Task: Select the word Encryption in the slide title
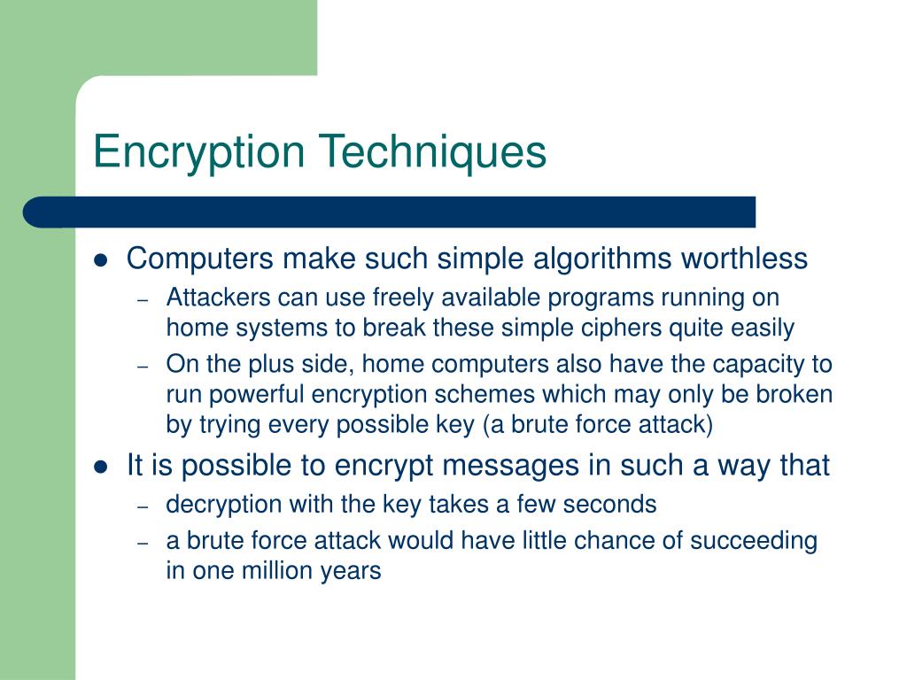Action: [x=200, y=151]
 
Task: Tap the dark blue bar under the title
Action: [x=390, y=212]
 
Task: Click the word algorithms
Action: [x=603, y=259]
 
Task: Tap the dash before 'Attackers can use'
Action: [x=143, y=299]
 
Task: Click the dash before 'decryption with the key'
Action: [x=143, y=506]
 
